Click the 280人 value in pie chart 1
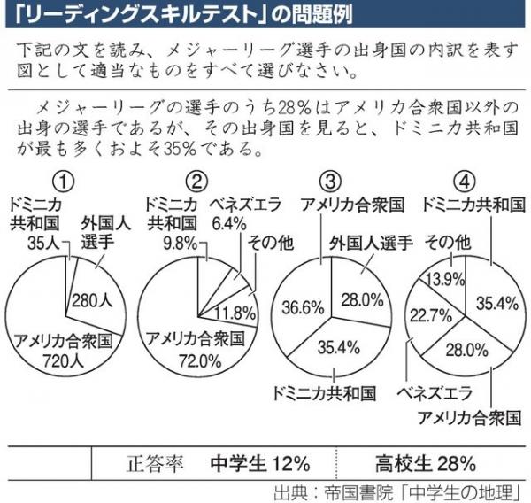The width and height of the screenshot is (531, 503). [90, 298]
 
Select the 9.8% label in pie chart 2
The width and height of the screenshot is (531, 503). [165, 240]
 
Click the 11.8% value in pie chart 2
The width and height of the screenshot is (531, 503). [235, 311]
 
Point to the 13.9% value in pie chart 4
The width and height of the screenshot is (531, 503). [441, 280]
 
